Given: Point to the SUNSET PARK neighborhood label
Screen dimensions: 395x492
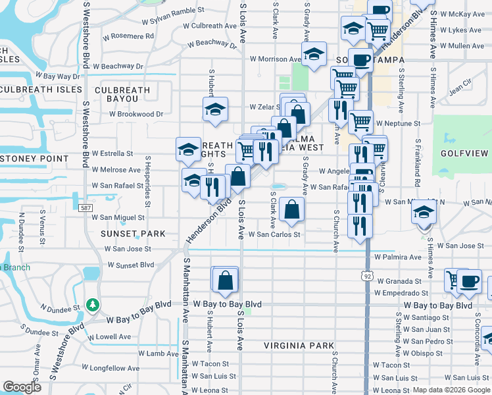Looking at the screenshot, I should (x=132, y=234).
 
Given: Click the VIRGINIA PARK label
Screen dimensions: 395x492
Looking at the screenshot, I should (x=299, y=346).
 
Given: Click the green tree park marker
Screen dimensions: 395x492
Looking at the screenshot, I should (x=93, y=305).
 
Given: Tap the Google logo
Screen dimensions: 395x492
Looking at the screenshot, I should (x=22, y=387).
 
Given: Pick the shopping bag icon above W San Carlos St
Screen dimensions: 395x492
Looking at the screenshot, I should (x=291, y=209).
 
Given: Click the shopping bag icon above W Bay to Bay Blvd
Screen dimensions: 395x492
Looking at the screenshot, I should (x=225, y=279).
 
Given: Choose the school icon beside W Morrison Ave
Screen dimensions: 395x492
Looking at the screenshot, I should (x=314, y=55).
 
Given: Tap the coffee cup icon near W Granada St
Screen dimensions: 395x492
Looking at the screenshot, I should (x=469, y=281).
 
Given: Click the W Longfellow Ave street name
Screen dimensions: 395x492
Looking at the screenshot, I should (x=111, y=368).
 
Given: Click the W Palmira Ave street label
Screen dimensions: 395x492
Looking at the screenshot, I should (x=398, y=257).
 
